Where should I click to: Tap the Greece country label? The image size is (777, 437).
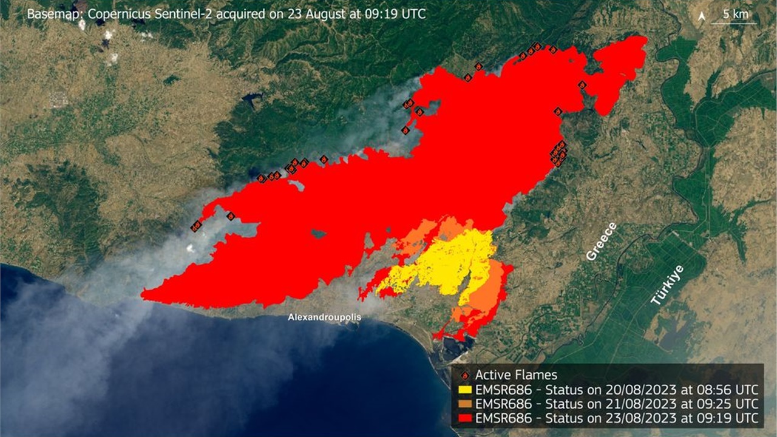(x=602, y=242)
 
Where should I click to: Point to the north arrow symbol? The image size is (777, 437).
(x=702, y=16)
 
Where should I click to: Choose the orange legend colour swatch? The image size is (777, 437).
(x=465, y=404)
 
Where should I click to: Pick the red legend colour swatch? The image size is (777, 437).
(x=465, y=418)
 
